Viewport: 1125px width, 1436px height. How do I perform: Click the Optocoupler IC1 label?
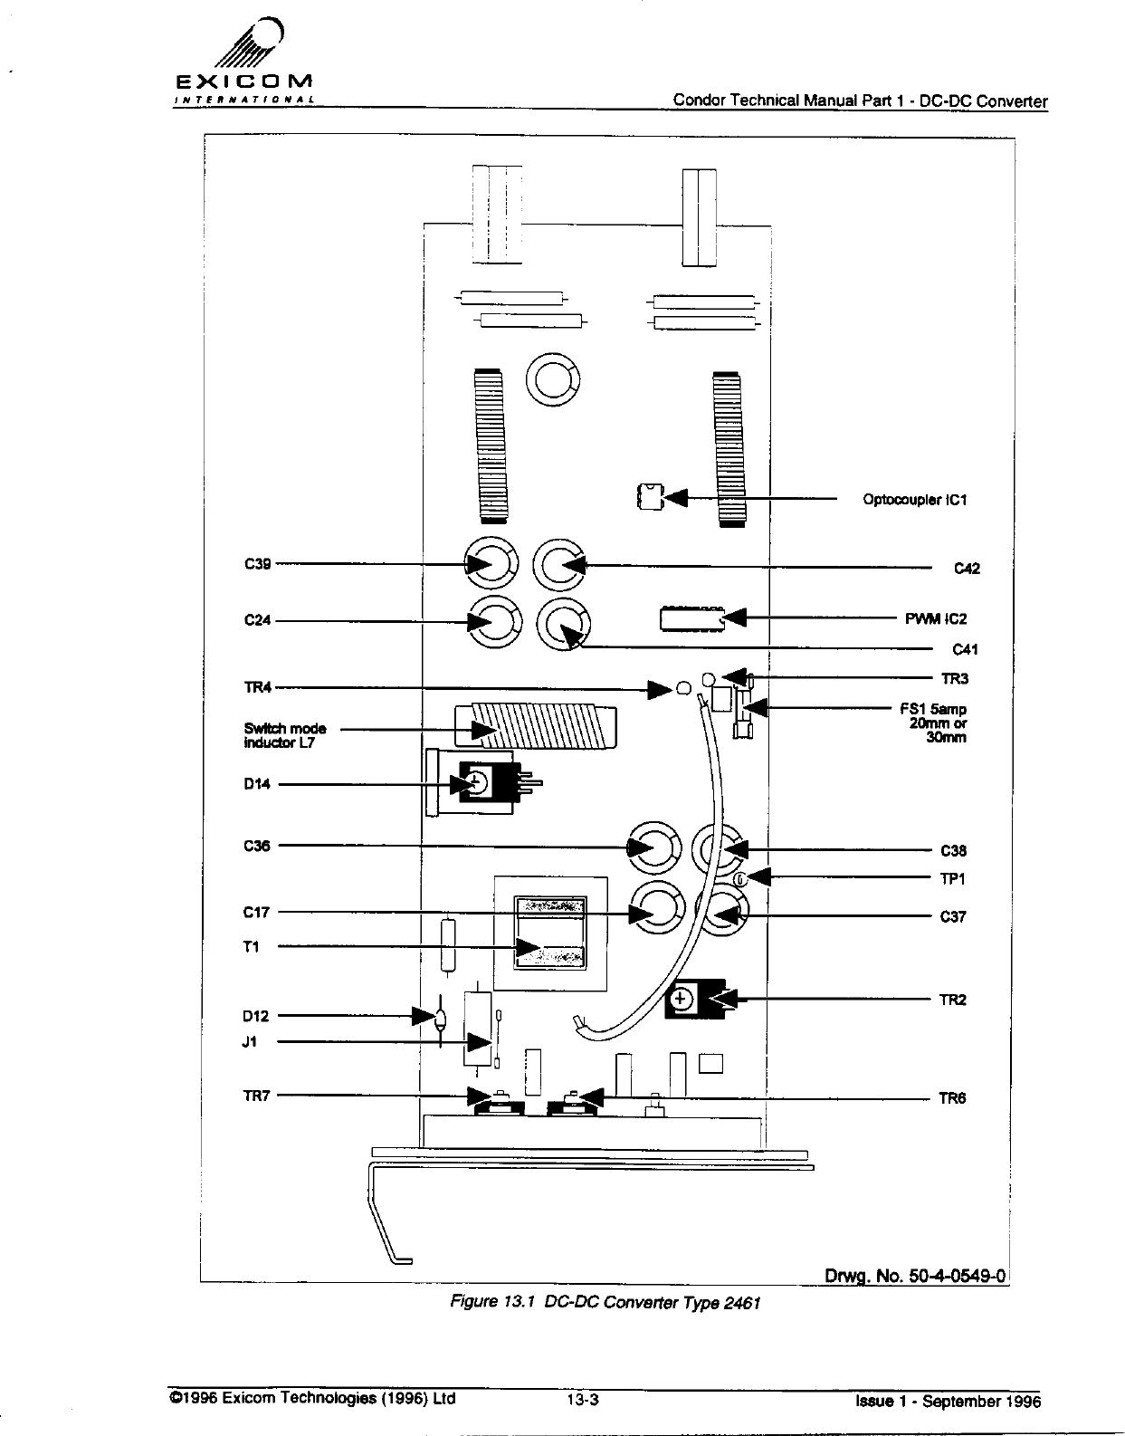coord(914,500)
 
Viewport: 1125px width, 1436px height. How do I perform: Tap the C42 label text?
coord(967,569)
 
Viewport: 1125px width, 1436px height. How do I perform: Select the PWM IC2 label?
coord(936,619)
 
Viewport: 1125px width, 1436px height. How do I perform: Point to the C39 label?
coord(257,563)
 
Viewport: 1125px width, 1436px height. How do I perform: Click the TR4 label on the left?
coord(257,687)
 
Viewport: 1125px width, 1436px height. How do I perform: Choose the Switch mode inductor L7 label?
coord(284,735)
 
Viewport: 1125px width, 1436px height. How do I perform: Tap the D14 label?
coord(257,784)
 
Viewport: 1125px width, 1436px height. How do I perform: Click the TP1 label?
coord(953,879)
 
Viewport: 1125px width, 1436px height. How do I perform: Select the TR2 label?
coord(952,1000)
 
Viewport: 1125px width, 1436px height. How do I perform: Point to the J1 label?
coord(251,1042)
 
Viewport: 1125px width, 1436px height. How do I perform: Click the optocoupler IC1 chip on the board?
coord(649,497)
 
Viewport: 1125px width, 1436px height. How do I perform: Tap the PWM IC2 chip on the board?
coord(692,618)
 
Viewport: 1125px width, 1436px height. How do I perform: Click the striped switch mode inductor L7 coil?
coord(535,728)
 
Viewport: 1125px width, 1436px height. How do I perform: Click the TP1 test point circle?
coord(739,879)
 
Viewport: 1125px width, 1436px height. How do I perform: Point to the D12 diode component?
coord(441,1019)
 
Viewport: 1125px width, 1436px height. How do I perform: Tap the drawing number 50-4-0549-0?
coord(915,1276)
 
